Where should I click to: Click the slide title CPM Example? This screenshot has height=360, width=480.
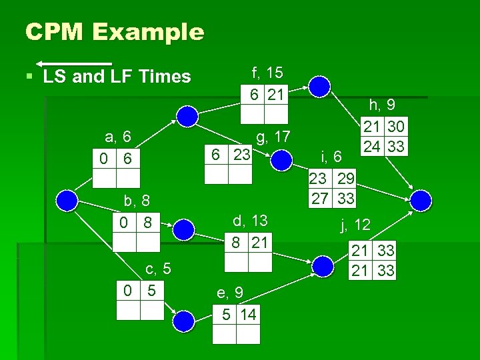(x=114, y=31)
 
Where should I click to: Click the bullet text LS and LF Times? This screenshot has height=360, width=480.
(x=117, y=77)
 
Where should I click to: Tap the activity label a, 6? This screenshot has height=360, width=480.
(x=117, y=138)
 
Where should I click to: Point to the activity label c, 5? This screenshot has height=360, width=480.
(x=159, y=269)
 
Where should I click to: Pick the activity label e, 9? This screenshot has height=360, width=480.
(x=230, y=292)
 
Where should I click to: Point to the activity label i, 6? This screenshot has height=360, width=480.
(x=331, y=156)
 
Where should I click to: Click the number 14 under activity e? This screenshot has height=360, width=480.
(x=249, y=313)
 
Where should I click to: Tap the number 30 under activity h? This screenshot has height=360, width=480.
(x=396, y=126)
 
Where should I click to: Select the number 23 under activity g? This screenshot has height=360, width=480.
(x=241, y=154)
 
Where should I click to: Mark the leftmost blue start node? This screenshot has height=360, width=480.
(x=68, y=199)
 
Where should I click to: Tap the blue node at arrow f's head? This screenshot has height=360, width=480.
(x=321, y=86)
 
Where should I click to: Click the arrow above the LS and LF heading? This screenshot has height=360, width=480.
(x=74, y=63)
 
